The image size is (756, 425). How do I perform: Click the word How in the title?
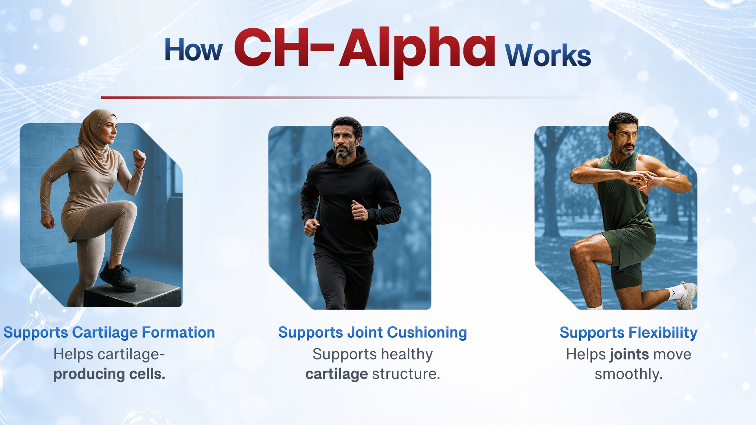[x=193, y=50]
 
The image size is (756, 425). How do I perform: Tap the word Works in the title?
[x=548, y=55]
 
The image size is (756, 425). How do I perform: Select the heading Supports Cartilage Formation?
[x=109, y=333]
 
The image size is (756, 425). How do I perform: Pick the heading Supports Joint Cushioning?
[x=372, y=333]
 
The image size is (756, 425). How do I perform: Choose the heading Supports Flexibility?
[x=628, y=333]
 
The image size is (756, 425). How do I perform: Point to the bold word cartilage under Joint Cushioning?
[x=337, y=374]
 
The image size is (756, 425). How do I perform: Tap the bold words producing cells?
[x=109, y=374]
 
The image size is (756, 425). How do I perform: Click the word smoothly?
[x=629, y=374]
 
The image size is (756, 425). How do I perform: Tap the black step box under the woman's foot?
[x=133, y=292]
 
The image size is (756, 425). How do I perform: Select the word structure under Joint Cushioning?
[x=406, y=374]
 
